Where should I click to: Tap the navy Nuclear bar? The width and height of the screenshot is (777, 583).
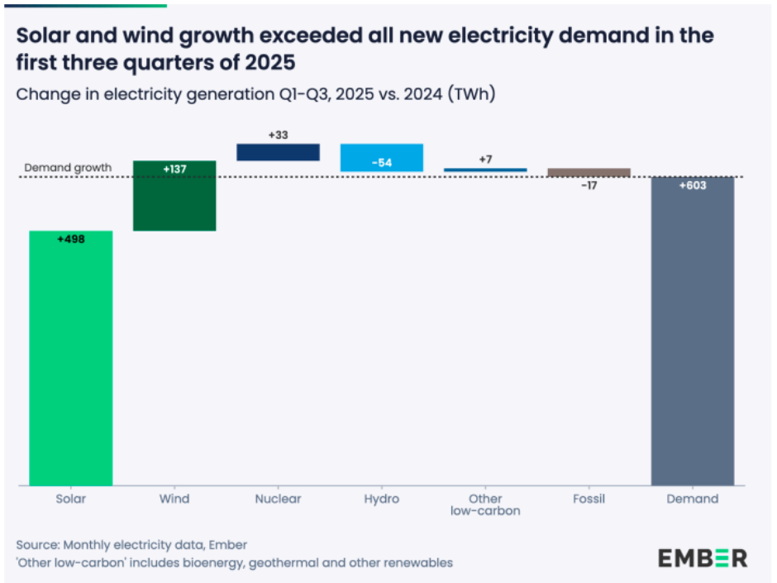coord(278,152)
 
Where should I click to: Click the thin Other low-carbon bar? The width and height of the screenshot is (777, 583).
coord(485,170)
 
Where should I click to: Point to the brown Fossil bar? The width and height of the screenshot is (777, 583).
coord(589,172)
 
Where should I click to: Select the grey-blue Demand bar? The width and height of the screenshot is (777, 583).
coord(693,331)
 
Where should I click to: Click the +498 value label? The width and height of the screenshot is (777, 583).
coord(71,239)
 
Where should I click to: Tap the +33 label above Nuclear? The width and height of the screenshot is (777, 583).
coord(278,134)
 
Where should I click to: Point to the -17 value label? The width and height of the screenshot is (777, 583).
coord(589,186)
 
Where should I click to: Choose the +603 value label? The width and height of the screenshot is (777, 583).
coord(693,186)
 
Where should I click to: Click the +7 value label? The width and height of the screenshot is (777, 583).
coord(485,159)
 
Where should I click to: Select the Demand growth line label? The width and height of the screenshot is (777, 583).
coord(67,167)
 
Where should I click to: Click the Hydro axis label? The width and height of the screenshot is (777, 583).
coord(381,499)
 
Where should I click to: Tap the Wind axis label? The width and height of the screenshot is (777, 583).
coord(174,499)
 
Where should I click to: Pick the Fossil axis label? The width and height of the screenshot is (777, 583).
coord(589,499)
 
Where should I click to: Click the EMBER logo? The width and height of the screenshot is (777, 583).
coord(703,557)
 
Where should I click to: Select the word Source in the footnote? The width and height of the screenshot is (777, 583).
coord(36,544)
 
